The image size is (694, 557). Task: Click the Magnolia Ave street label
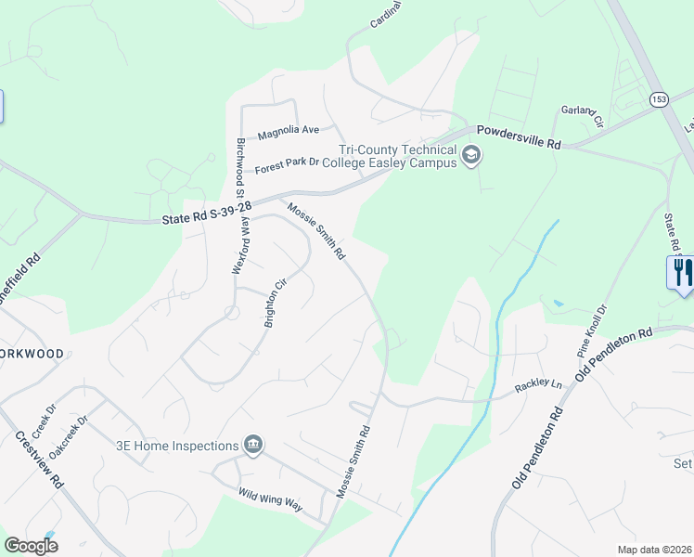pos(288,130)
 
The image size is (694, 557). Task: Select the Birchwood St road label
pos(239,168)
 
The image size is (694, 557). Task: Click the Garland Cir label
pos(583,116)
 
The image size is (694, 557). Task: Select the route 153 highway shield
pos(659,99)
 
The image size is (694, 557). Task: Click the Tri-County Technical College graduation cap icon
pos(471,155)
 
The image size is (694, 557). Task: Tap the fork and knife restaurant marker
pos(680,272)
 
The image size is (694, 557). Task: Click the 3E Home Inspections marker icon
pos(251,445)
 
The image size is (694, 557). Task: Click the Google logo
pos(31,546)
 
